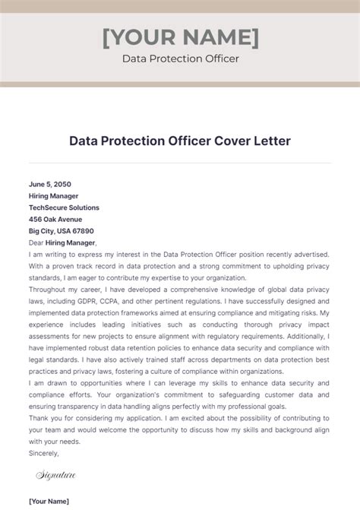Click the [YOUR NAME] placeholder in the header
180,36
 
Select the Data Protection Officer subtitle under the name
180,59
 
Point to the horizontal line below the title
180,162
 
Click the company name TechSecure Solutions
64,207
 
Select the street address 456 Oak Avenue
56,220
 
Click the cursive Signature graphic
57,476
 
